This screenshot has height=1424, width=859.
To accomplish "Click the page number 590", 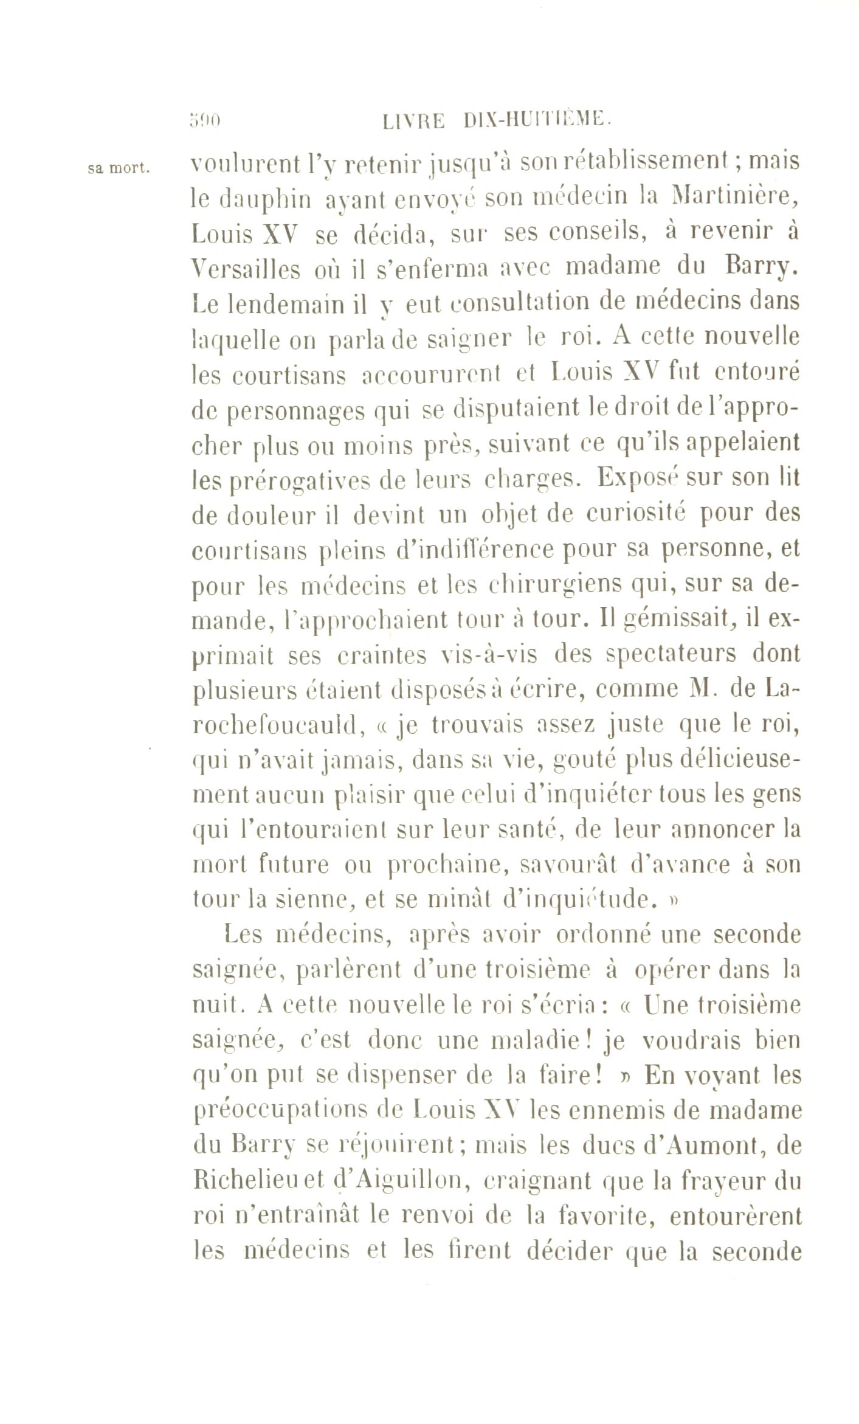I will tap(204, 120).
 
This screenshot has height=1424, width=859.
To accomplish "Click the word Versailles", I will tap(246, 268).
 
